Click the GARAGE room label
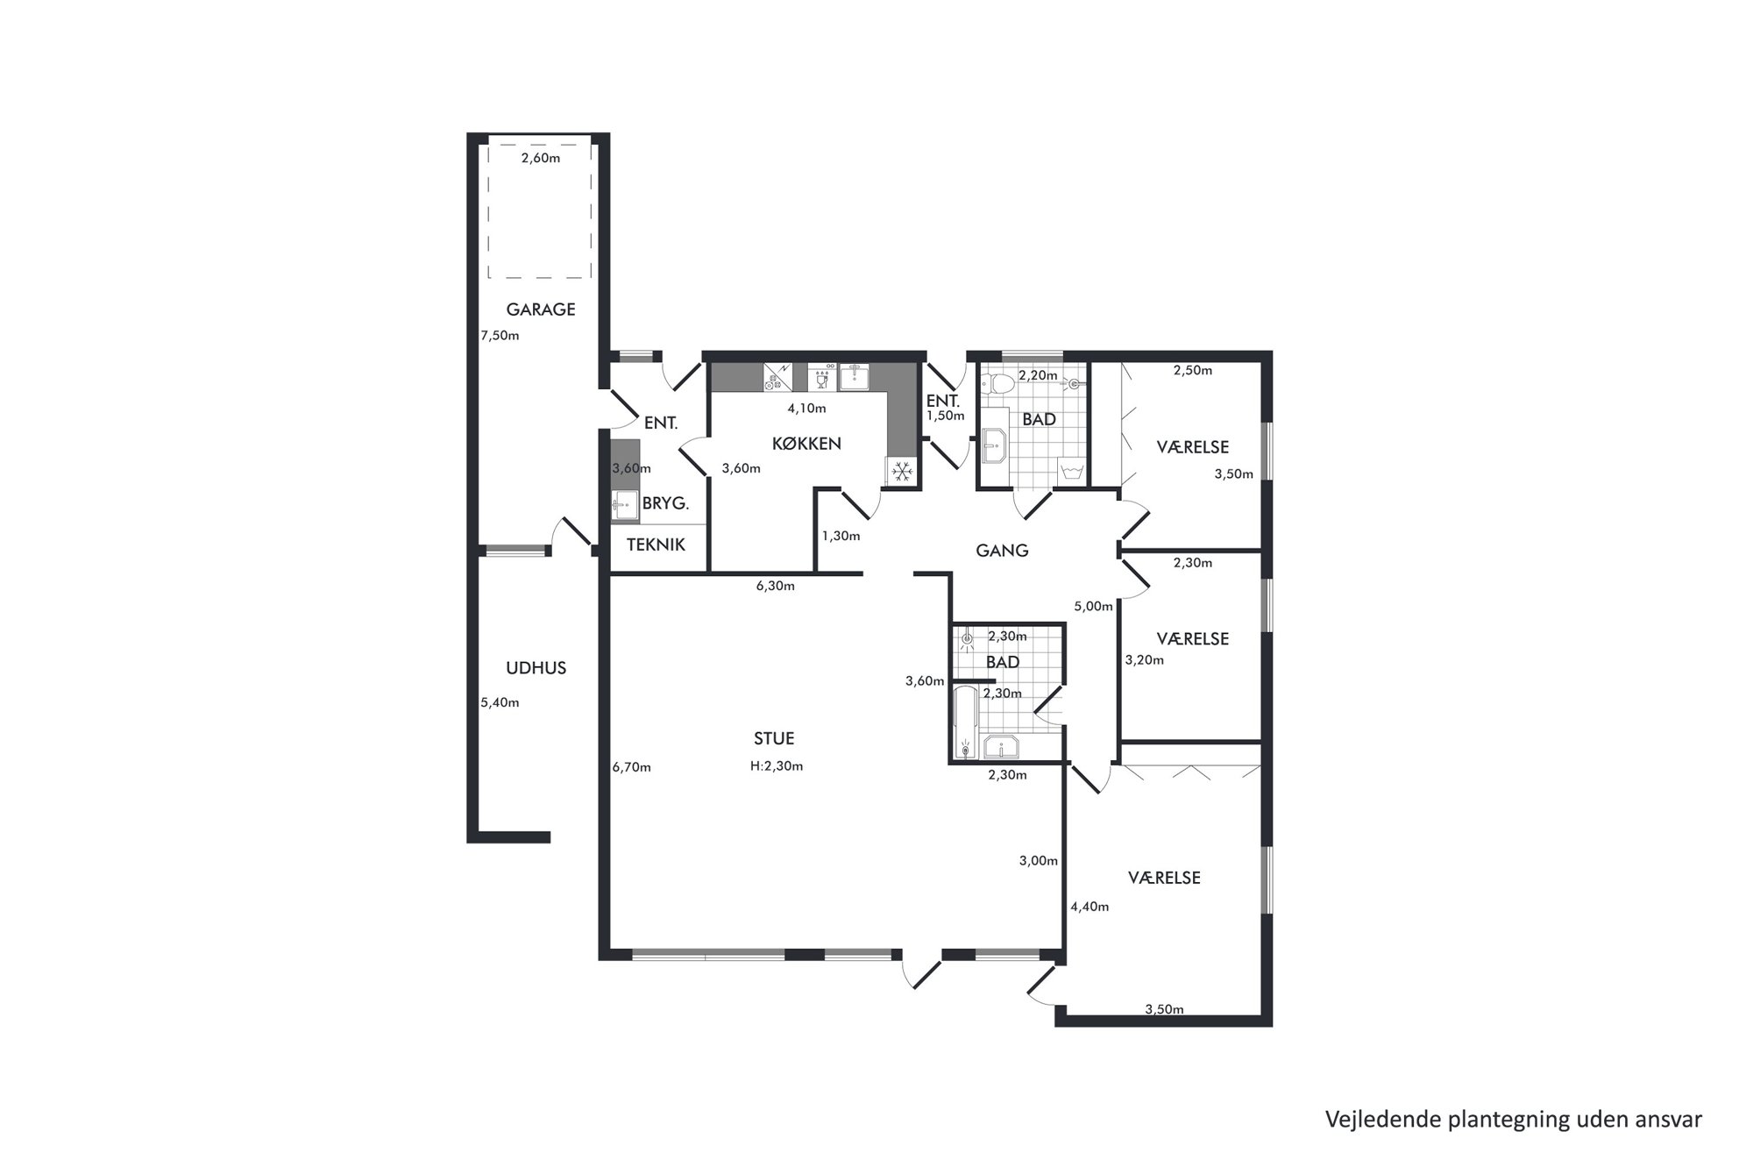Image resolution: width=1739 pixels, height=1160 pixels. click(x=541, y=310)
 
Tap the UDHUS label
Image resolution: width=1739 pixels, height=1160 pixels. click(x=536, y=668)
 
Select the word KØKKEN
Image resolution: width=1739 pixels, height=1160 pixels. click(x=806, y=444)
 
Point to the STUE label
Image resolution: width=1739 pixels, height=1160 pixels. click(x=774, y=739)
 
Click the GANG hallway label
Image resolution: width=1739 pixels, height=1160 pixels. click(x=1002, y=551)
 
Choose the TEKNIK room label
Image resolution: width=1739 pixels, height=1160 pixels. click(x=656, y=544)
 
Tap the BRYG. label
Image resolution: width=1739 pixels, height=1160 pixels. click(x=665, y=504)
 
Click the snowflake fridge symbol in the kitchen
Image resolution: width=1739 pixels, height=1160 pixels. click(x=901, y=472)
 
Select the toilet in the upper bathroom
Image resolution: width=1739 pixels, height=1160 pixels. click(x=998, y=383)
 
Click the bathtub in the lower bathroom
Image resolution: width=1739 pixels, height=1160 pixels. click(x=965, y=722)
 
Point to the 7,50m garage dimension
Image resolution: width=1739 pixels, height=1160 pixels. click(x=500, y=335)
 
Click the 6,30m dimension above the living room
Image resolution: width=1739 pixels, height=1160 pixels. click(x=775, y=586)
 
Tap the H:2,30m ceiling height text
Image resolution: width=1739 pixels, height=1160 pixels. click(x=777, y=765)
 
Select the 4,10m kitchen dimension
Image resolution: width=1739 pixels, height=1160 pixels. click(x=806, y=408)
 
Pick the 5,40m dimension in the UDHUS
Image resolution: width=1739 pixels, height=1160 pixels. click(x=500, y=702)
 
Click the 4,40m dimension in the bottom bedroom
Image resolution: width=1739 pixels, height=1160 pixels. click(x=1090, y=907)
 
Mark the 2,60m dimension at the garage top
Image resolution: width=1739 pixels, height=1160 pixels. click(x=540, y=158)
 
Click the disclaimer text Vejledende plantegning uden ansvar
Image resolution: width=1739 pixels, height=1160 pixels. click(x=1514, y=1120)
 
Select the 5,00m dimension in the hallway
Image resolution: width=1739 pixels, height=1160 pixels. click(x=1093, y=606)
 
